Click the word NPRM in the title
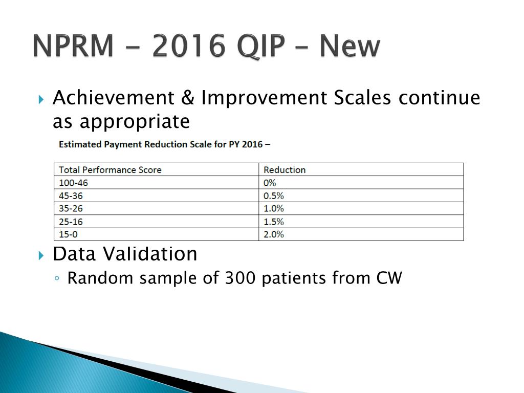coord(73,46)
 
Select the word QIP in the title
coord(261,47)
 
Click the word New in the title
coord(350,46)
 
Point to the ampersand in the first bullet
coord(188,98)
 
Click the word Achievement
coord(114,98)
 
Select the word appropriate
coord(135,122)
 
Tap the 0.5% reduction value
coord(273,196)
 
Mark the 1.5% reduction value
coord(273,222)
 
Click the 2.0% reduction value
coord(273,234)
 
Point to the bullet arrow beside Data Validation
coord(41,256)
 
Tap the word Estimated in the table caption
coord(80,144)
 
